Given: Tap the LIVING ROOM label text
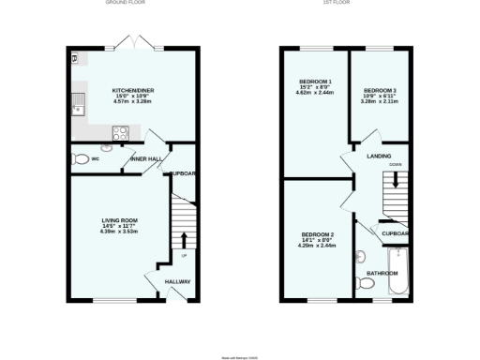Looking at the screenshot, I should [x=119, y=220].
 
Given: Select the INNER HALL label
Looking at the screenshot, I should [x=147, y=159].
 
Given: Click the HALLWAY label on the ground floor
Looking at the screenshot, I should [x=177, y=281].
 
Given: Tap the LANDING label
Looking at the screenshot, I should [x=379, y=156].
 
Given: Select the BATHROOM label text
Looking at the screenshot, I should [x=382, y=273].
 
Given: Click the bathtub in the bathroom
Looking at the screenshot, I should [x=397, y=272].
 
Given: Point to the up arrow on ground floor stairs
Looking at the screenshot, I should [x=183, y=238].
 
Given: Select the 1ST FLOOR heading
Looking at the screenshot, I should [x=337, y=4].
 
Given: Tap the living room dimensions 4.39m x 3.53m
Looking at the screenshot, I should [x=119, y=231].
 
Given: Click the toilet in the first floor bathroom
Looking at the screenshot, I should [x=364, y=282].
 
